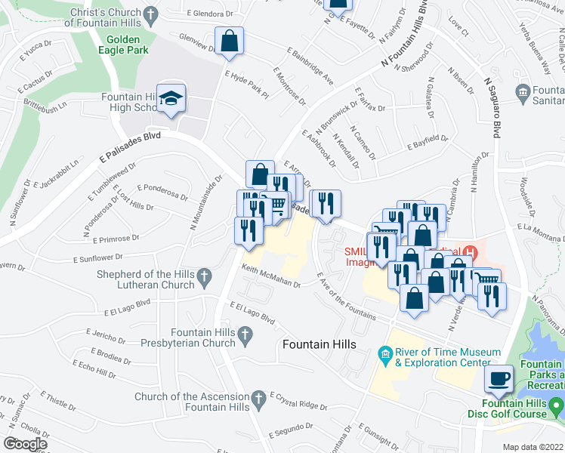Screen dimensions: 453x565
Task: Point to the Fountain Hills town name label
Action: (x=318, y=344)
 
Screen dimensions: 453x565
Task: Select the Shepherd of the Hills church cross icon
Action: (x=203, y=279)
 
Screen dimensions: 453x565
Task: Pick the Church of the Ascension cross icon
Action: (x=258, y=397)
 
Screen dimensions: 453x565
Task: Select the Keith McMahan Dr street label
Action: (x=271, y=277)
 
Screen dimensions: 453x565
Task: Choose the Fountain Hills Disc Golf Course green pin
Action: (x=557, y=408)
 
